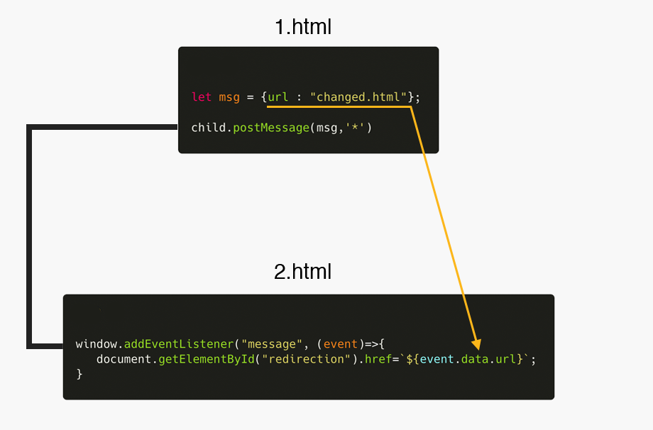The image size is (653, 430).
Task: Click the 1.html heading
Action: click(303, 28)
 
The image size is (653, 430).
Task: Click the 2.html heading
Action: click(303, 271)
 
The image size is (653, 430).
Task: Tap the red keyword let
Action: click(202, 97)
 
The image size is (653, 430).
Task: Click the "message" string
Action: click(270, 344)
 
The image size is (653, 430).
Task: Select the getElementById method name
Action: click(207, 359)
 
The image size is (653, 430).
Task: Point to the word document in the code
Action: click(124, 359)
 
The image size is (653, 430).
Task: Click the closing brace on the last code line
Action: click(79, 374)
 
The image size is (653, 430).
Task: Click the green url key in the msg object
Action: click(278, 97)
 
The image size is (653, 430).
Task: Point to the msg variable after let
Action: click(229, 97)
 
